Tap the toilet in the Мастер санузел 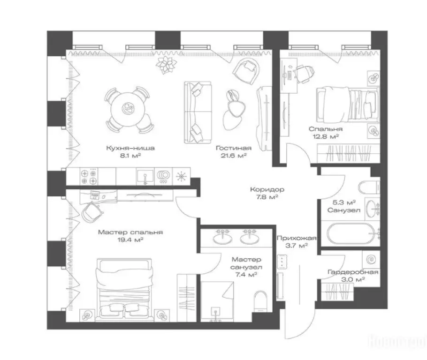[259, 300]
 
